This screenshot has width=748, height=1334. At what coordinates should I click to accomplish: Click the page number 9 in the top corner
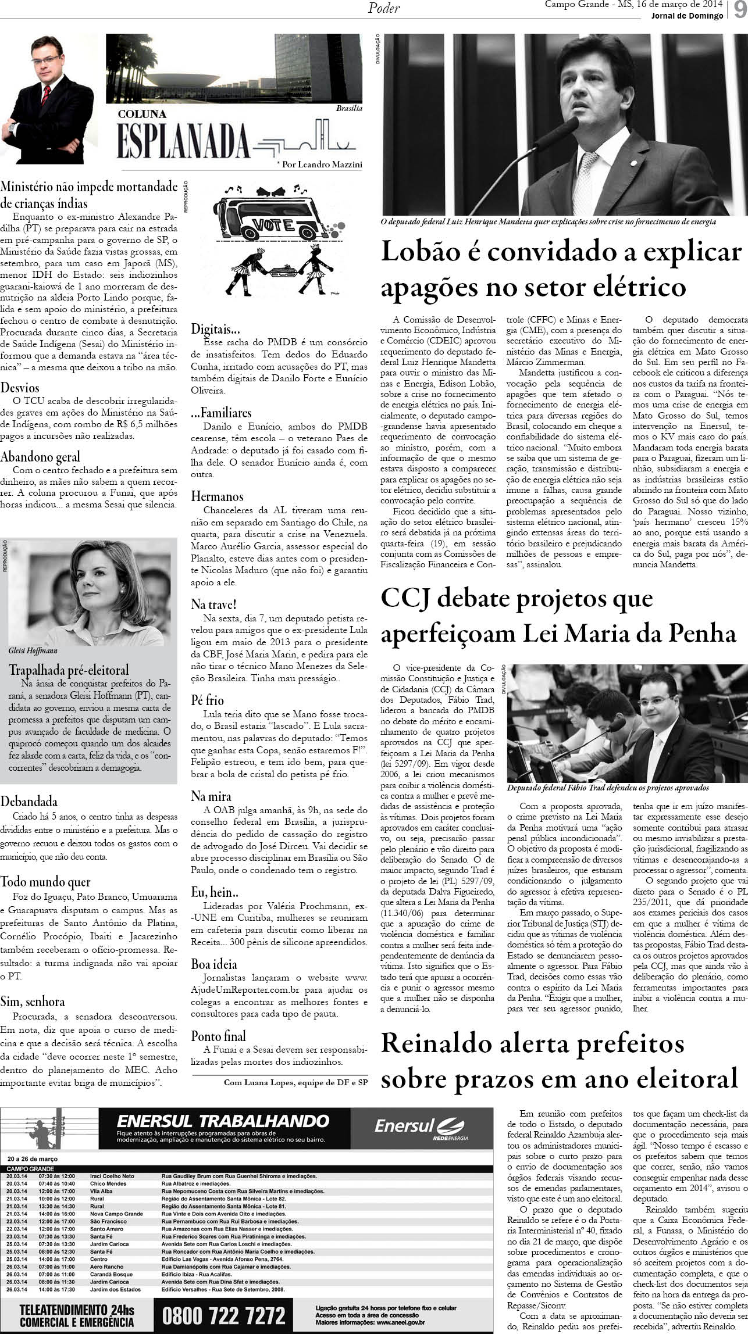[739, 11]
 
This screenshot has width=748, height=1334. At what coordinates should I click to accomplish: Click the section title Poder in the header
[384, 8]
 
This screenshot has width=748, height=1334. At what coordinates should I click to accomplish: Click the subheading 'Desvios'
[20, 388]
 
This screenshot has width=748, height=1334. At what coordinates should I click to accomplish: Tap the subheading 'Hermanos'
[218, 496]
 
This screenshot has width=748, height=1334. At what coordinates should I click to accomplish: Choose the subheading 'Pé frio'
[208, 700]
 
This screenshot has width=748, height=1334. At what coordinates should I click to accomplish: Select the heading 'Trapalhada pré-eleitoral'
[69, 670]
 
